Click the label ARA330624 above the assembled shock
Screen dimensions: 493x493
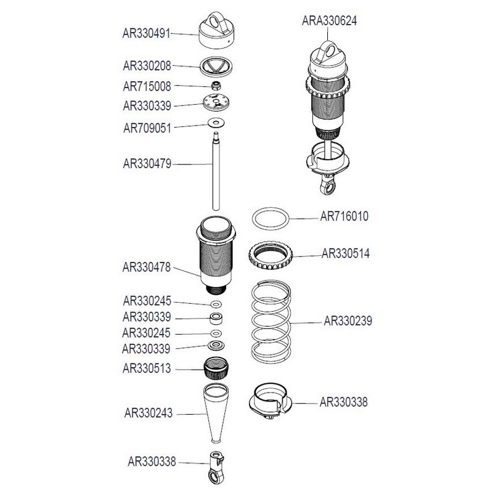[x=329, y=20]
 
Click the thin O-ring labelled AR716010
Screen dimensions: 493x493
[x=271, y=218]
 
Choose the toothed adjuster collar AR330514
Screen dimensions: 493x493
[x=271, y=258]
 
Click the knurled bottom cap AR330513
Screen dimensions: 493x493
[x=216, y=370]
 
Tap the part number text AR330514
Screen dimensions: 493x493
[x=346, y=253]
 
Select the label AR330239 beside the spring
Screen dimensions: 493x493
[x=347, y=321]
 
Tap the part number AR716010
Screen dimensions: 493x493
[x=345, y=218]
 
